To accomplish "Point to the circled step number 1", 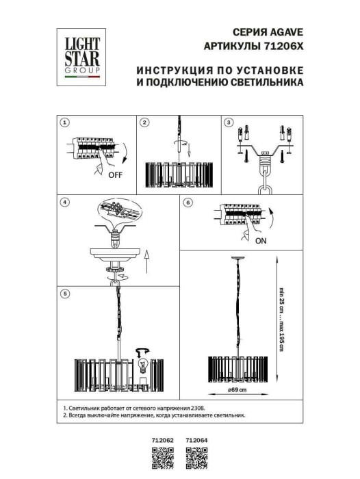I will [64, 122].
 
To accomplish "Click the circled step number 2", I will [144, 122].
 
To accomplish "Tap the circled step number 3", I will [229, 122].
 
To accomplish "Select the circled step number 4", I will [64, 203].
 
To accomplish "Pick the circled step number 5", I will [64, 294].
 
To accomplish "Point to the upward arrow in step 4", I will [148, 261].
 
